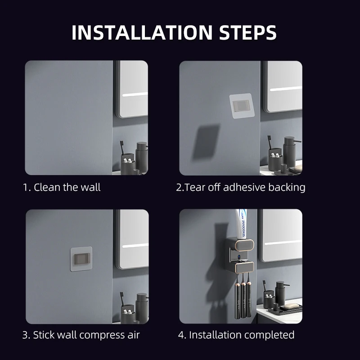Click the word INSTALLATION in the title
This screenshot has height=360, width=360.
tap(142, 32)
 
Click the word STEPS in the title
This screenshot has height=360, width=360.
tap(248, 32)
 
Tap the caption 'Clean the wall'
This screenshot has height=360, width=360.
tap(67, 187)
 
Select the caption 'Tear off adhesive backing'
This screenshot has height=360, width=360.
tap(245, 187)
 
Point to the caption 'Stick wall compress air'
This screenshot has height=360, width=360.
tap(86, 335)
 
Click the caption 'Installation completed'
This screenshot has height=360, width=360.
tap(242, 335)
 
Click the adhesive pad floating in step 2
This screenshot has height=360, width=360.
tap(241, 106)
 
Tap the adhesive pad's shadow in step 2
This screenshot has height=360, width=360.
tap(206, 142)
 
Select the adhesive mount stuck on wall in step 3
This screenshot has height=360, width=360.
tap(81, 259)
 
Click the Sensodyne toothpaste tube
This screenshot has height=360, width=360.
tap(241, 224)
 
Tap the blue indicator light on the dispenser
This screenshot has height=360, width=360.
tap(239, 256)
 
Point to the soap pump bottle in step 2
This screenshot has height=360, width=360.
tap(290, 152)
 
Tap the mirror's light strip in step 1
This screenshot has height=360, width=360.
tap(135, 94)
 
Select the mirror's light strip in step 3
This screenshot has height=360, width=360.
tap(135, 246)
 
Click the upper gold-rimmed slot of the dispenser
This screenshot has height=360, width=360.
tap(244, 245)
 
